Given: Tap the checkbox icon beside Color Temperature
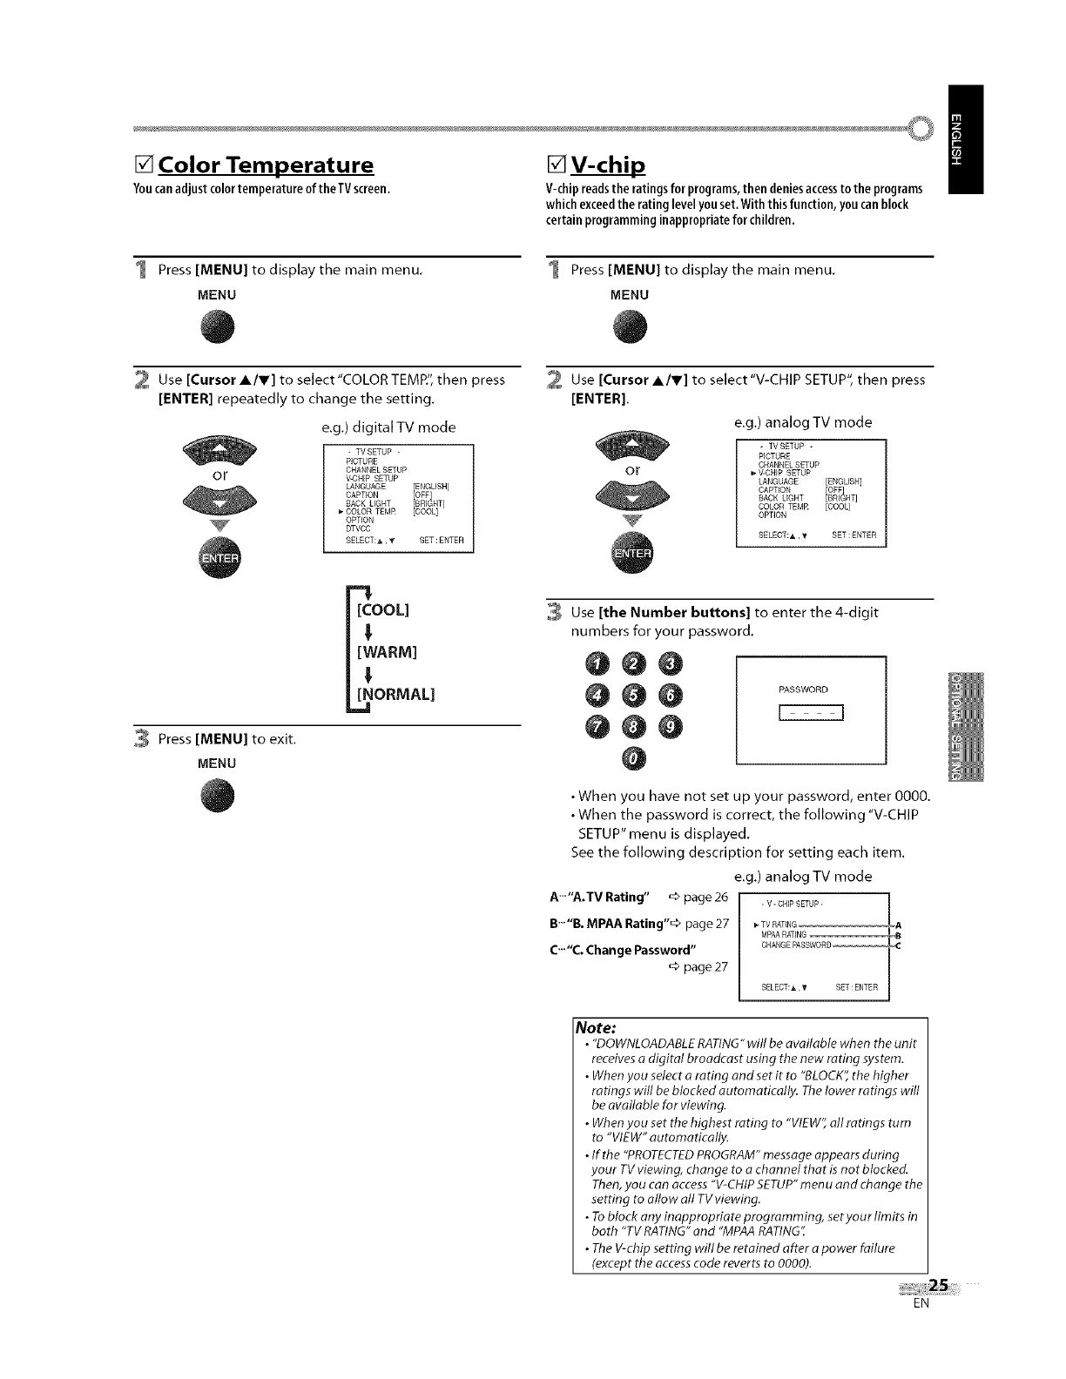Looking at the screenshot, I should [x=145, y=165].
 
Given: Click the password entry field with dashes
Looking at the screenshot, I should [x=811, y=715].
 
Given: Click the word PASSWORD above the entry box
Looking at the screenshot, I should [x=803, y=689].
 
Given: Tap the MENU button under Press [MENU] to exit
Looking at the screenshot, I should [x=218, y=797].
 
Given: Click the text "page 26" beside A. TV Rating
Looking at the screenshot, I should [x=706, y=898].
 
